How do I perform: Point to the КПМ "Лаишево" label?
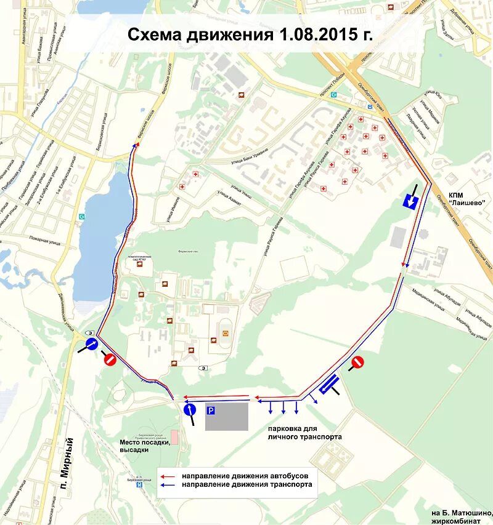pos(467,198)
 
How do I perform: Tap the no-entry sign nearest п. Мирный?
pos(109,360)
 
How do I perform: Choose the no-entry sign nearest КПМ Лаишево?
pos(357,363)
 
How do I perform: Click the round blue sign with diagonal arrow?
pos(91,344)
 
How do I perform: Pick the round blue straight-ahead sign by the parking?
pos(190,409)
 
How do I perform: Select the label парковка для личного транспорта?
pos(304,432)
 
